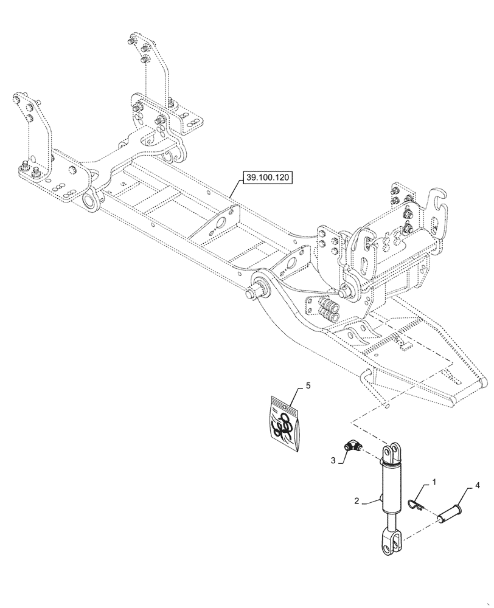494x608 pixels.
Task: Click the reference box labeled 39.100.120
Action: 268,178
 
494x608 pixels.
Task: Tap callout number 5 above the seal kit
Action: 308,385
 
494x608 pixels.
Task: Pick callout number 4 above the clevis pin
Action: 477,486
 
